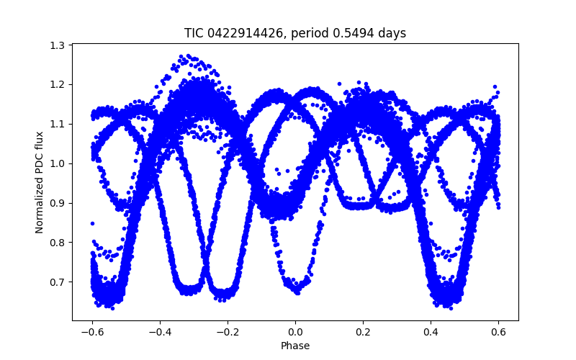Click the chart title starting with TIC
(x=295, y=33)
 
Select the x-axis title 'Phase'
(x=295, y=346)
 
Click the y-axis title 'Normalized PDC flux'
(x=40, y=182)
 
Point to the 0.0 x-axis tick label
(x=295, y=332)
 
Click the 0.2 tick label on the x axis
(x=363, y=332)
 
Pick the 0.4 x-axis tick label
(x=431, y=332)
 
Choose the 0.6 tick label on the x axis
(x=498, y=332)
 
